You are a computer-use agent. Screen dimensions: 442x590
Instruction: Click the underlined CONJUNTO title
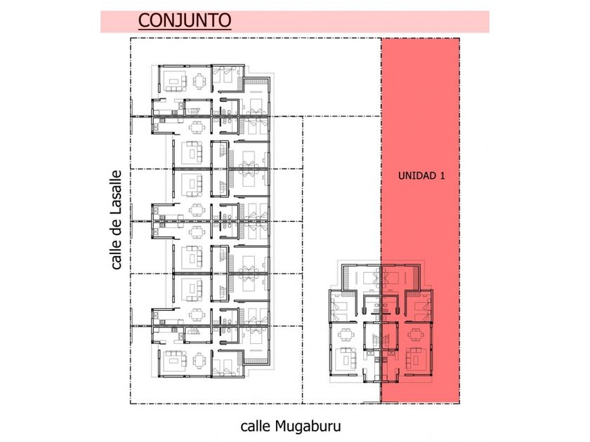coord(185,20)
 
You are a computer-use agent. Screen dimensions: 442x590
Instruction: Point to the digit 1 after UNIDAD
coord(442,177)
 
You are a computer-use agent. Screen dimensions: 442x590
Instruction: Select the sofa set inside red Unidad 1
coord(415,356)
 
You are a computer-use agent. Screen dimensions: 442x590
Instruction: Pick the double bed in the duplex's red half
coord(419,307)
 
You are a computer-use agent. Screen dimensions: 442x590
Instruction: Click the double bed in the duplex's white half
coord(339,307)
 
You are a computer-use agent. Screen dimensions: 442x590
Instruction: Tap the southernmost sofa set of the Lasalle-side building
coord(176,361)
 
